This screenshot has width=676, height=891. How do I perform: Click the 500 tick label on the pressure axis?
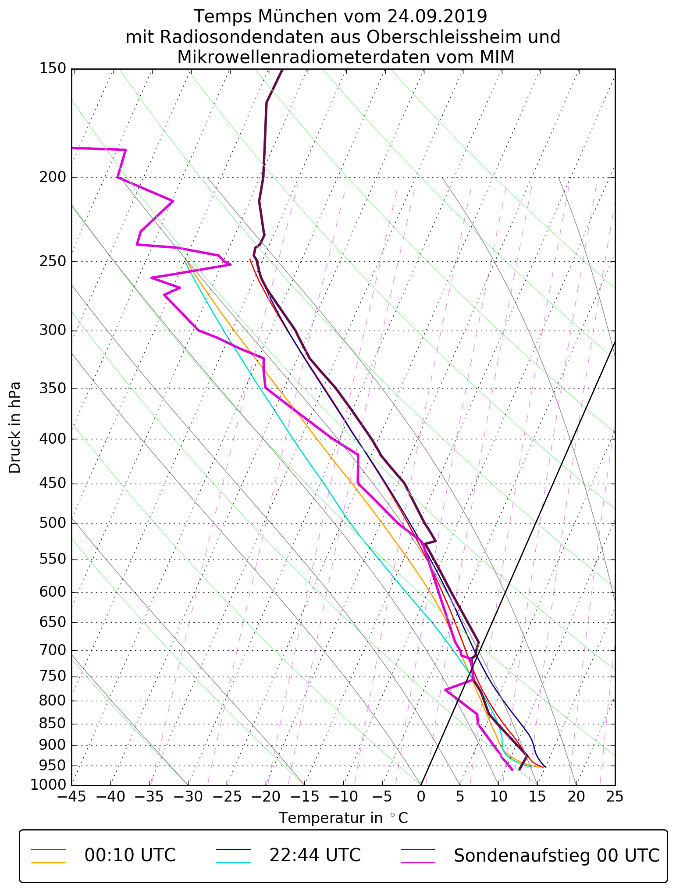click(x=52, y=523)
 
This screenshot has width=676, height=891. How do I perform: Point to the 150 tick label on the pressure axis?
click(x=52, y=69)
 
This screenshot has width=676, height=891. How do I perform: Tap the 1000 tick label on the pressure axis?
click(x=48, y=784)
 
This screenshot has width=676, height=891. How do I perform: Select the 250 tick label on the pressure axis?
click(x=52, y=261)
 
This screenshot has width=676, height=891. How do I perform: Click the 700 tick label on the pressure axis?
click(x=52, y=650)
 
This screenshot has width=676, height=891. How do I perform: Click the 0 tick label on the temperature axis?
click(x=421, y=796)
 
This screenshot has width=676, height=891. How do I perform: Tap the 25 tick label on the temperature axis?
click(x=615, y=796)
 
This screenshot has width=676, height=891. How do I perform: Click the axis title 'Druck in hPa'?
click(x=15, y=428)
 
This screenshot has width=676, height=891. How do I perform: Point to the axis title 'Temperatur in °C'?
click(x=343, y=818)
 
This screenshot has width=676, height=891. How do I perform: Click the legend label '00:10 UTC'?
click(x=130, y=855)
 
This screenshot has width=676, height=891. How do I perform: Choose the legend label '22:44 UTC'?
click(x=315, y=855)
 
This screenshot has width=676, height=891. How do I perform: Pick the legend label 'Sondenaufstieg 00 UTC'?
click(x=557, y=855)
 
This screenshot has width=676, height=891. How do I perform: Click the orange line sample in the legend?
click(x=48, y=862)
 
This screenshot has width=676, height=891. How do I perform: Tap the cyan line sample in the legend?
click(x=233, y=862)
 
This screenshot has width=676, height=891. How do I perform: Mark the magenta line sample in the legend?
click(x=418, y=862)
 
